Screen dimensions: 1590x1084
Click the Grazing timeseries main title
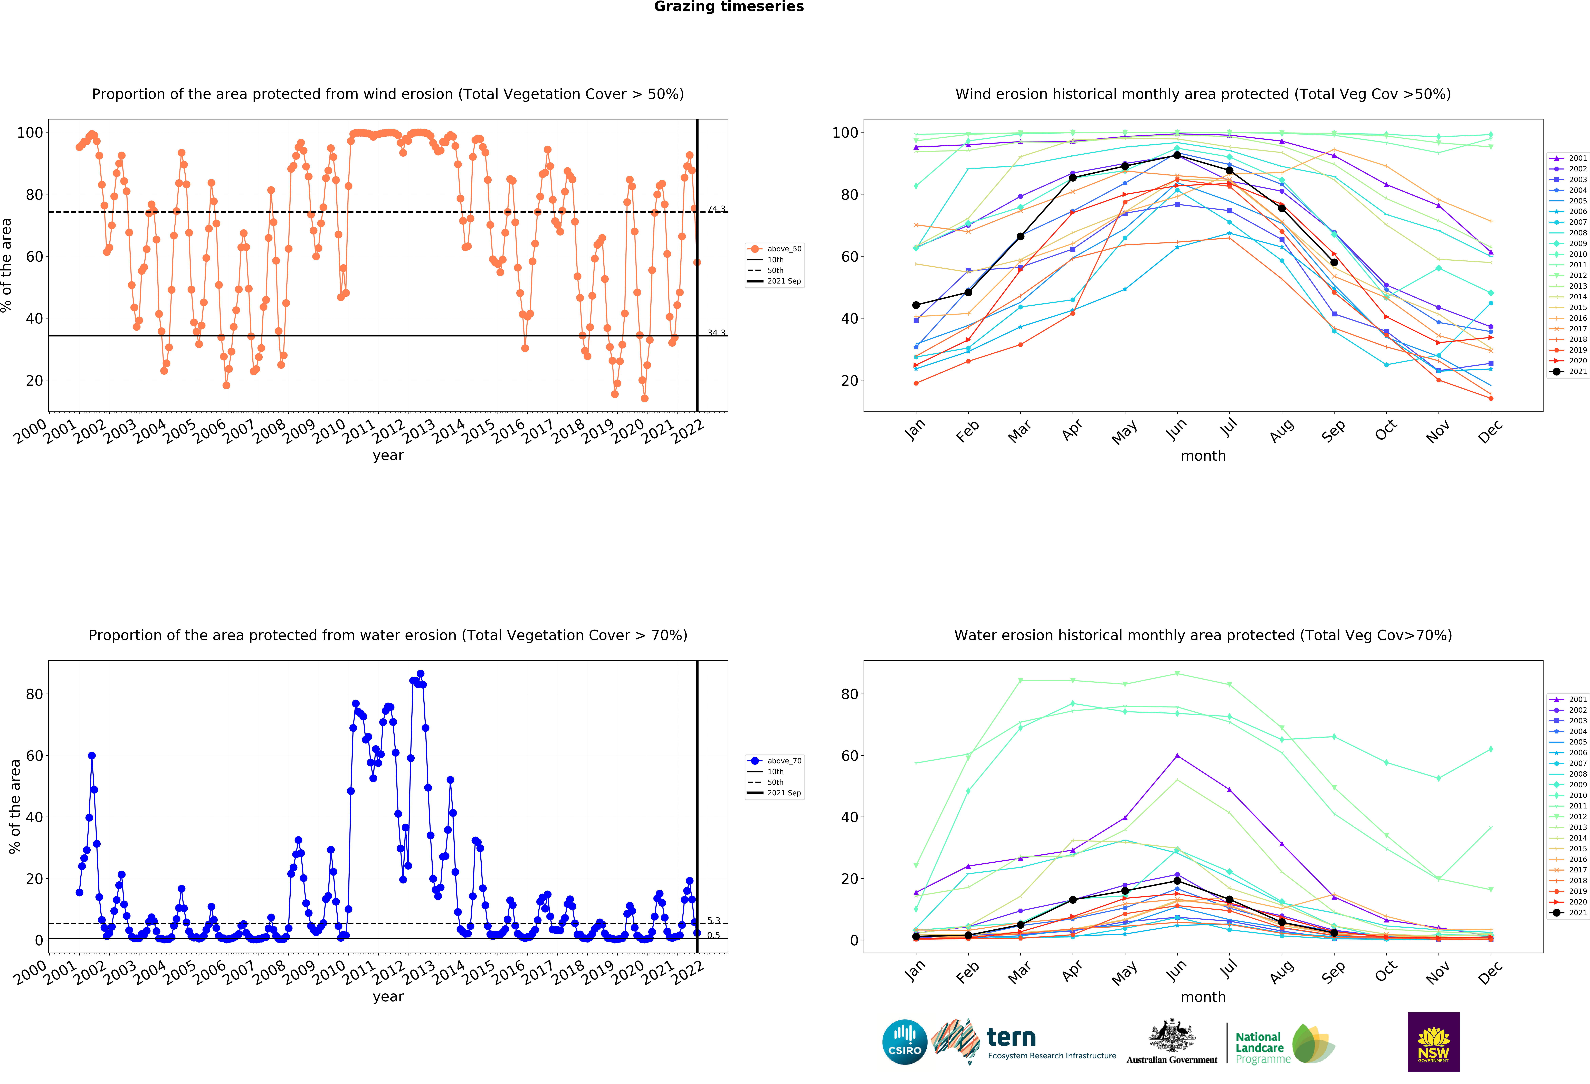coord(729,7)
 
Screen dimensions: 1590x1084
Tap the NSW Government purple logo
coord(1433,1042)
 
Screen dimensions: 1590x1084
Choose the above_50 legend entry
coord(775,249)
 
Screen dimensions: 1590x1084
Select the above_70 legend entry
coord(775,761)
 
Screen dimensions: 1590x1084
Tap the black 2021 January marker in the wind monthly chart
coord(916,305)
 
